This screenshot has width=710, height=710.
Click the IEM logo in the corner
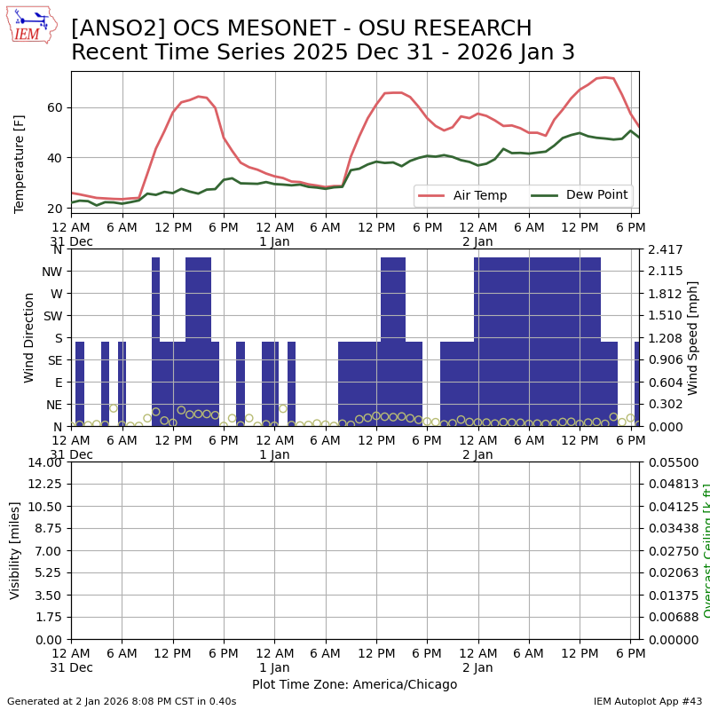click(31, 25)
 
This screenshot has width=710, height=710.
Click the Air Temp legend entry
click(473, 195)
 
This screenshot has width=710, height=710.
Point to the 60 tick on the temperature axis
click(55, 107)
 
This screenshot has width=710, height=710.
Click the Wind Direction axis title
click(29, 337)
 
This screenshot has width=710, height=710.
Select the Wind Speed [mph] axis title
click(693, 337)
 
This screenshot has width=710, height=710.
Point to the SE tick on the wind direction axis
click(55, 360)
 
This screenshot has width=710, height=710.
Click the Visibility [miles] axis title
click(15, 550)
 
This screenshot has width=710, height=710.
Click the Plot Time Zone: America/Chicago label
click(354, 684)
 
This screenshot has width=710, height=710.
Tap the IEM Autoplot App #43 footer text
click(648, 701)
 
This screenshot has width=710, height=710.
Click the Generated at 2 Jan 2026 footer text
click(122, 701)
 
